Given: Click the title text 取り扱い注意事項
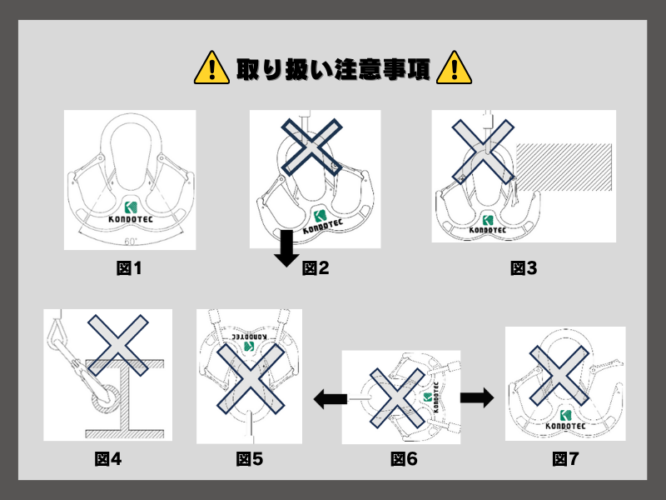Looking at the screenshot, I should (333, 67).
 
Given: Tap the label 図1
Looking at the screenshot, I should (130, 268).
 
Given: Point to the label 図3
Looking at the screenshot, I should (524, 268).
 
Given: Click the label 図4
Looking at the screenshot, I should (108, 458).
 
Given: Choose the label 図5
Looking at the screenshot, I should (250, 458).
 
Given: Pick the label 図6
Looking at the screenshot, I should (405, 458).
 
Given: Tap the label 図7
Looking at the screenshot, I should (566, 458).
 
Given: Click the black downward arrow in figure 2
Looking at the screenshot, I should (287, 249).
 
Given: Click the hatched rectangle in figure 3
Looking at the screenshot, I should (564, 166).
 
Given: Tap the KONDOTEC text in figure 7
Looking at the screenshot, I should (565, 427).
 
